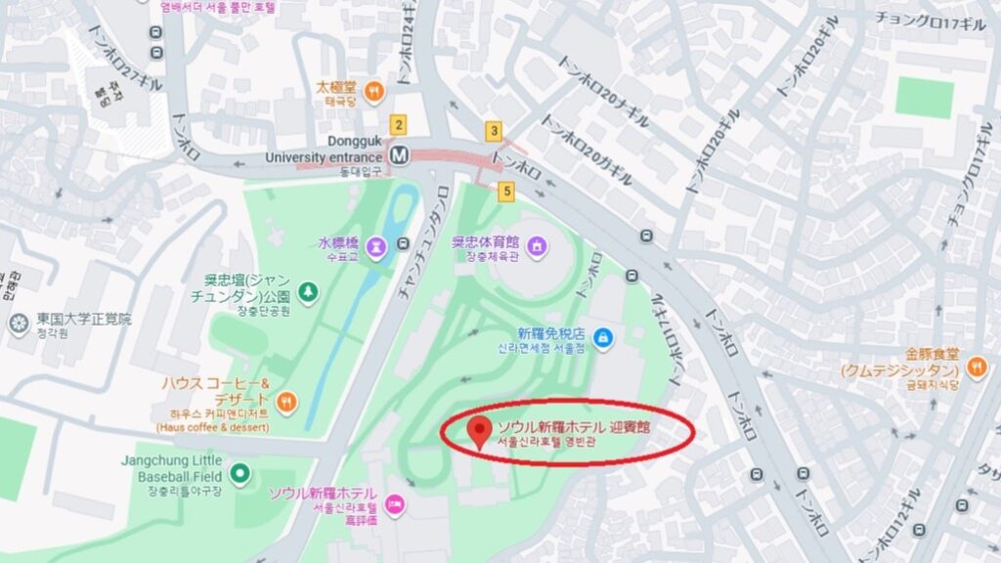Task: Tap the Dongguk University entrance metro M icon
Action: (x=399, y=154)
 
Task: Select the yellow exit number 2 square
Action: (x=397, y=125)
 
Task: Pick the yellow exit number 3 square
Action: (x=495, y=131)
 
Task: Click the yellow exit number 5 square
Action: (x=505, y=191)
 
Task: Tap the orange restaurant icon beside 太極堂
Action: (x=373, y=92)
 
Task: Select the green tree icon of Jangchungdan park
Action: (x=308, y=290)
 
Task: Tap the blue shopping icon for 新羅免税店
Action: (x=603, y=338)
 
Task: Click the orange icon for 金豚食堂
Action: (x=975, y=367)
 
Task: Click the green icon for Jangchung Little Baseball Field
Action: (x=240, y=476)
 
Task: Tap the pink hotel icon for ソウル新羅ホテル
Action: (x=395, y=505)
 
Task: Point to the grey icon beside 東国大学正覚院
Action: (x=18, y=323)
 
